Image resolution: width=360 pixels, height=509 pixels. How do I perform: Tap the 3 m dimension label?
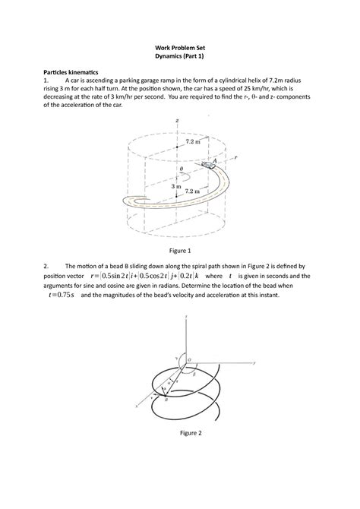(177, 185)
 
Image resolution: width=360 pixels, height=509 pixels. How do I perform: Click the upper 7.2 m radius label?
(193, 141)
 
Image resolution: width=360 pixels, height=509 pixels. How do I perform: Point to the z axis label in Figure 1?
(176, 120)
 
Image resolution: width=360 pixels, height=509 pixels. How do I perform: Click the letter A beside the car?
(217, 160)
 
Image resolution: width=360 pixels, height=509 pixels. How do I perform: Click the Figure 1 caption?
(179, 250)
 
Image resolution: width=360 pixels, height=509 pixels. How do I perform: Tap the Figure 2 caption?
(179, 432)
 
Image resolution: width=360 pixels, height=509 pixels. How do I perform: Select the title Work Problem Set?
(179, 45)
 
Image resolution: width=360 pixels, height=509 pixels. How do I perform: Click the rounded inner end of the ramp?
(126, 201)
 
